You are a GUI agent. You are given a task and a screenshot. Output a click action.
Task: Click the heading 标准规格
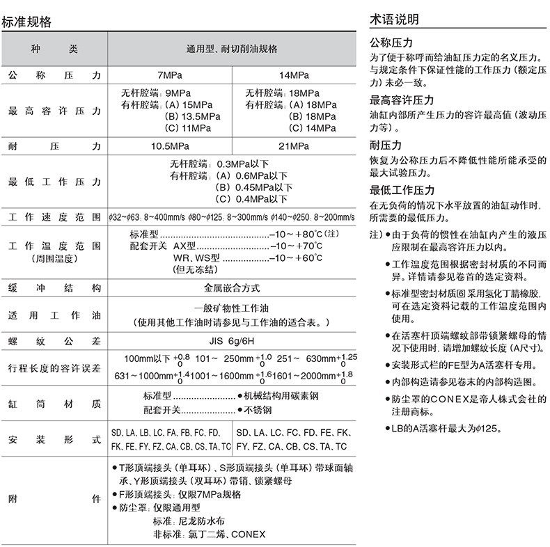27,22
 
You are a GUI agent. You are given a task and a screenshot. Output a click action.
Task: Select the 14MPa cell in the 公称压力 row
294,74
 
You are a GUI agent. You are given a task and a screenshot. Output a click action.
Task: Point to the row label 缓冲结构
54,287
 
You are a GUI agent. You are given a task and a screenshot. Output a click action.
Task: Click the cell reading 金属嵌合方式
232,287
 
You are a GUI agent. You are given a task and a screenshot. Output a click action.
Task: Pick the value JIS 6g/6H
232,341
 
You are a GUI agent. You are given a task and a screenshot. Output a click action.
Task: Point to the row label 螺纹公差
54,341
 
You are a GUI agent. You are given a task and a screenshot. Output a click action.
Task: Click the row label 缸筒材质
54,404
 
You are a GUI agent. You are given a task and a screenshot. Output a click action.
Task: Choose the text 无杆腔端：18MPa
282,93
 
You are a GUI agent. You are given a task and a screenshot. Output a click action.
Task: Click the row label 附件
54,500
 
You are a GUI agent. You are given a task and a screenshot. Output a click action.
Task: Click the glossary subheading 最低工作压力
402,190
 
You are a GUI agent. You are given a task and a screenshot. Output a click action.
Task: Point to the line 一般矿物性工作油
232,308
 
